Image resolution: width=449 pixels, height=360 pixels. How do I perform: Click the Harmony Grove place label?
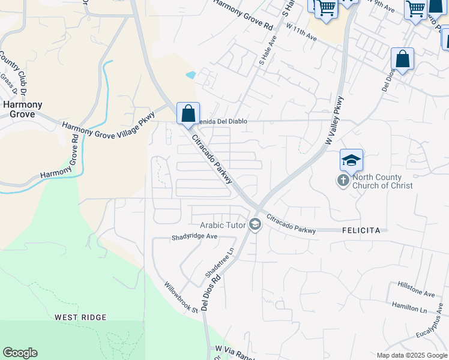pyautogui.click(x=23, y=110)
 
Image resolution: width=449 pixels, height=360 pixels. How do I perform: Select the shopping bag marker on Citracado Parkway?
pyautogui.click(x=188, y=113)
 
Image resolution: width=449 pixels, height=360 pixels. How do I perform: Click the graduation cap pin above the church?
pyautogui.click(x=351, y=160)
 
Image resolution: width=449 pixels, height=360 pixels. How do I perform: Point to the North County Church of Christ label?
pyautogui.click(x=382, y=181)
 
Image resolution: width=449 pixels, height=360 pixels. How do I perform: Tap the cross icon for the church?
pyautogui.click(x=343, y=180)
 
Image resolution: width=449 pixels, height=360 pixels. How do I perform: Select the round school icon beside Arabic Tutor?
pyautogui.click(x=255, y=225)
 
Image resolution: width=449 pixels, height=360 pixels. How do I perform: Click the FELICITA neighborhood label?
pyautogui.click(x=361, y=230)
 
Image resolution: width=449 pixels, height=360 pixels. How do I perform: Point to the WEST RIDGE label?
pyautogui.click(x=80, y=317)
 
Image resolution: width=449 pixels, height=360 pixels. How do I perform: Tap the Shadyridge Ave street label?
pyautogui.click(x=194, y=236)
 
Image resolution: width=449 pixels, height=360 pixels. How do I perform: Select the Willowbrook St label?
pyautogui.click(x=182, y=298)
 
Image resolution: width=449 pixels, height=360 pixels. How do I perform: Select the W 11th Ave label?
pyautogui.click(x=301, y=32)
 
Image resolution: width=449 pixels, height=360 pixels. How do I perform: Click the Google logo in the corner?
pyautogui.click(x=20, y=353)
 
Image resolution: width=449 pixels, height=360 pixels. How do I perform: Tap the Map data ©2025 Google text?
pyautogui.click(x=411, y=355)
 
